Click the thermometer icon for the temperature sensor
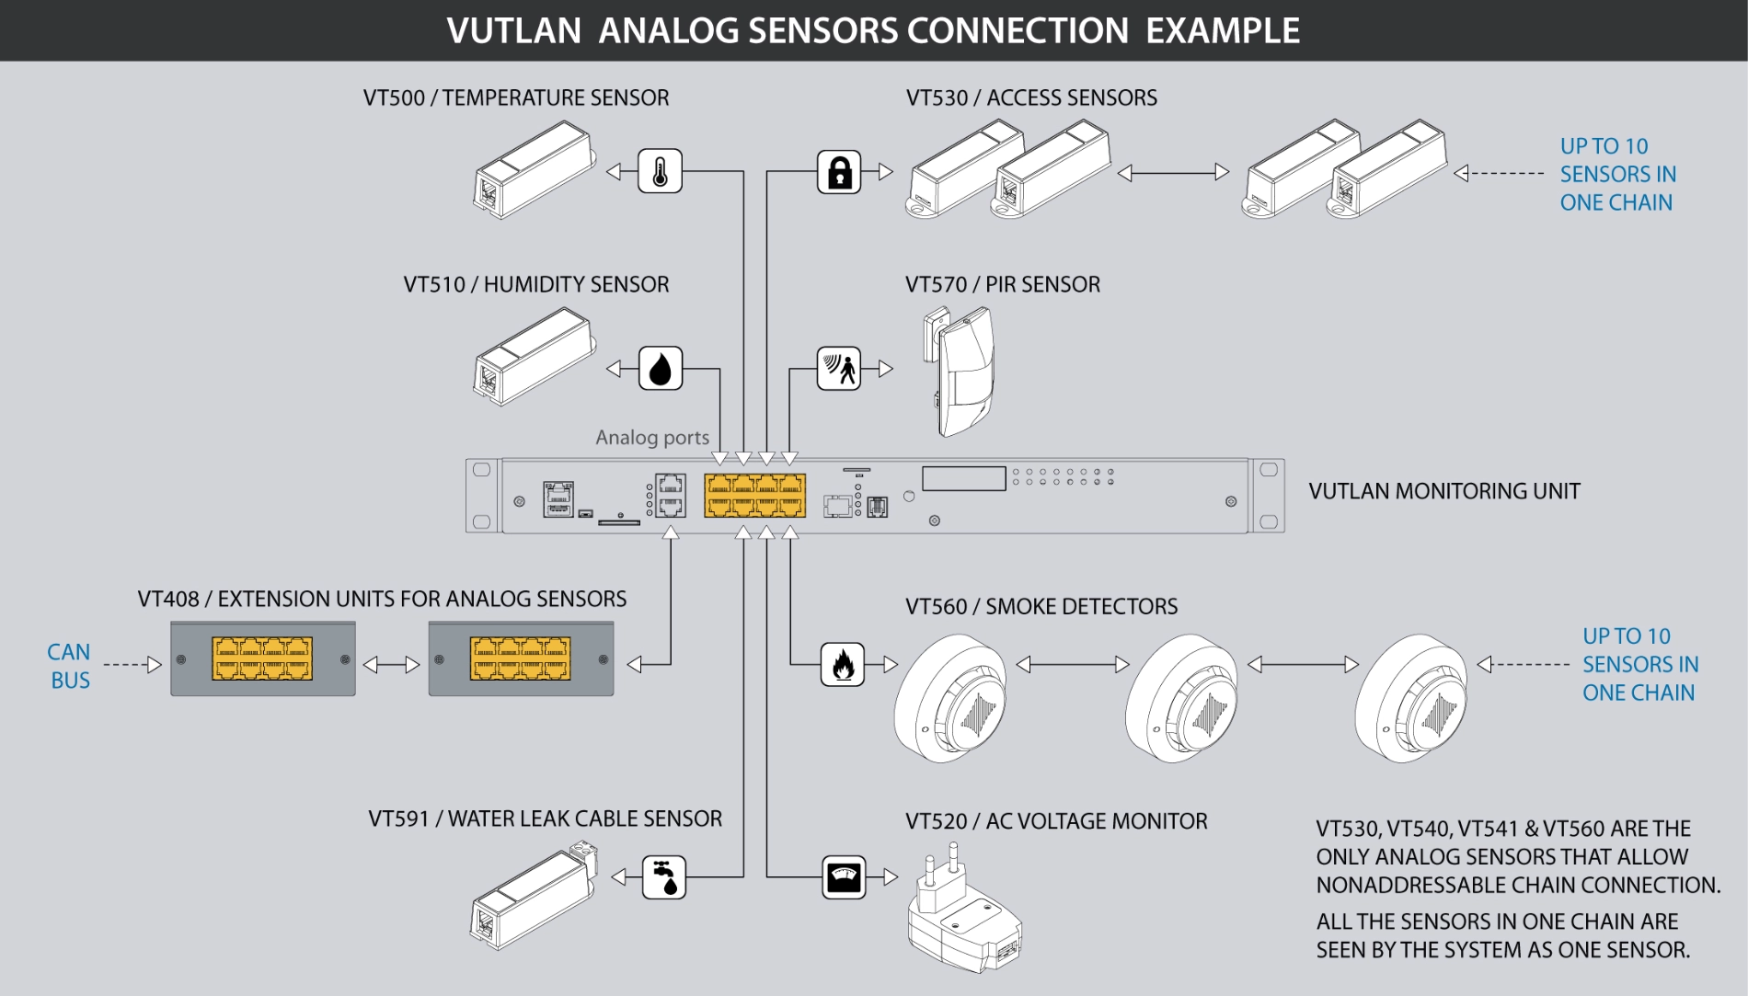point(660,171)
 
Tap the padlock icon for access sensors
point(839,172)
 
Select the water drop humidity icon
point(661,369)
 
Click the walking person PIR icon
point(839,369)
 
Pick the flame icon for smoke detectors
point(843,664)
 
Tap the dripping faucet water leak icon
point(664,877)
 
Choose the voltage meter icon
point(844,877)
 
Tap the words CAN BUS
point(70,666)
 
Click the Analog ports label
point(652,438)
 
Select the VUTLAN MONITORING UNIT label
point(1443,491)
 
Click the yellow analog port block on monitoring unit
point(755,496)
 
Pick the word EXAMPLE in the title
point(1223,31)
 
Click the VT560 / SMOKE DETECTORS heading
point(1041,607)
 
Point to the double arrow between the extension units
point(392,665)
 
